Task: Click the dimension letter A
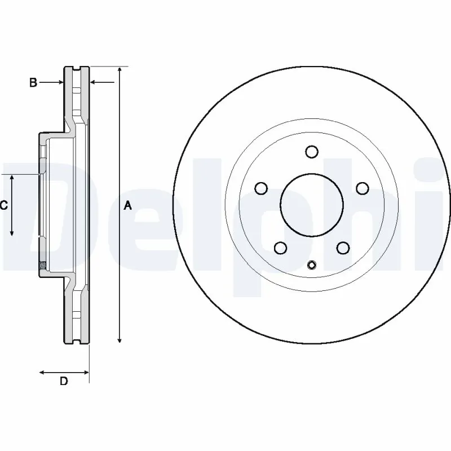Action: click(128, 206)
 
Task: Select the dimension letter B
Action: click(33, 83)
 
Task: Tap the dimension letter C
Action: click(3, 206)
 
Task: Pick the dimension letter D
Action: click(64, 381)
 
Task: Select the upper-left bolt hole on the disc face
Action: click(260, 188)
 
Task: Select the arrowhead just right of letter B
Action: click(60, 83)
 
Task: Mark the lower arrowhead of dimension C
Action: click(12, 232)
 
